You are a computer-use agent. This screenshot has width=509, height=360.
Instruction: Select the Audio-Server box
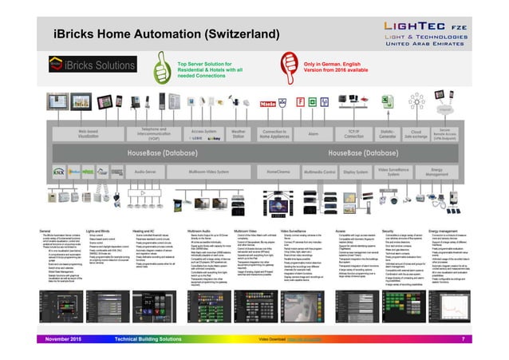(x=144, y=171)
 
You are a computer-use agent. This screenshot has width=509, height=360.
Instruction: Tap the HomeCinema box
(x=278, y=171)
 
